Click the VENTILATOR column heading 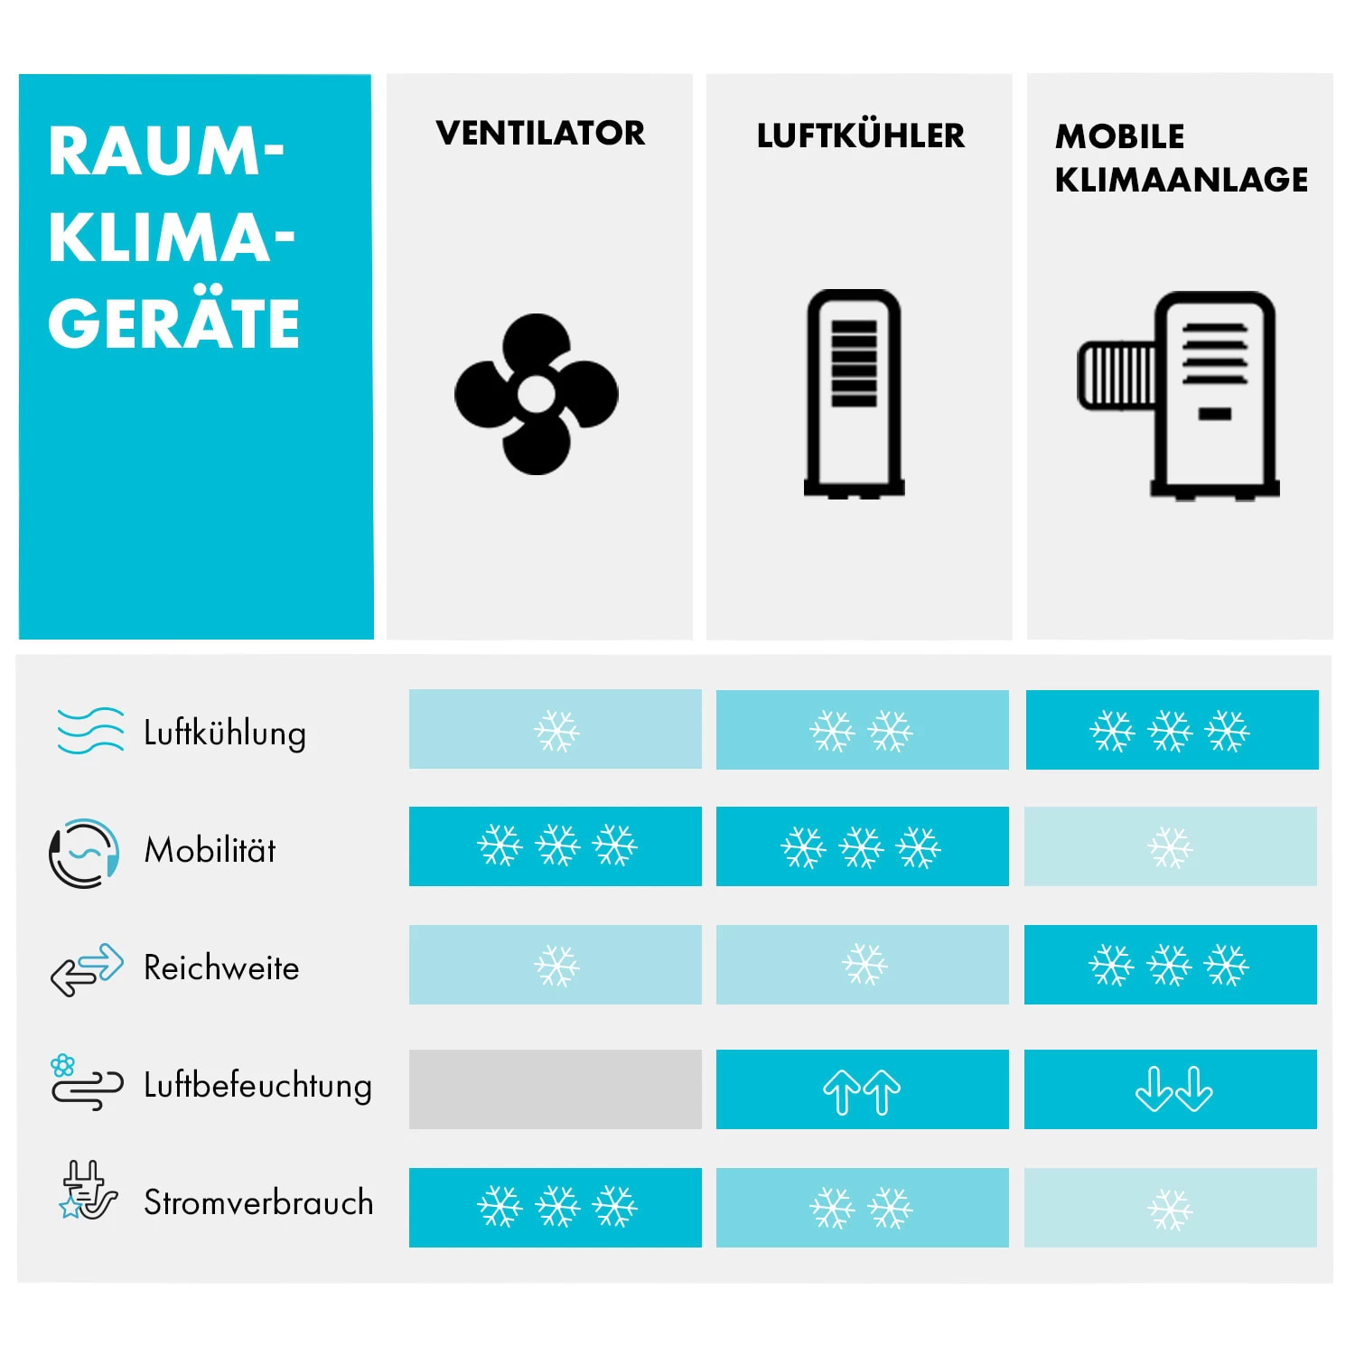[x=540, y=133]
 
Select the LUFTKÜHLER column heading [x=860, y=135]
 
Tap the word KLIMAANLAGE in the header [x=1181, y=179]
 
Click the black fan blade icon [x=537, y=394]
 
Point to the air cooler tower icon [x=854, y=394]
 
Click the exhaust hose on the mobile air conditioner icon [x=1117, y=375]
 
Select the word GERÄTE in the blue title [x=173, y=323]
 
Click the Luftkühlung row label [x=225, y=732]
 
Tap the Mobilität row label [x=210, y=850]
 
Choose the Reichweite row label [x=221, y=967]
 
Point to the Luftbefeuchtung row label [x=257, y=1085]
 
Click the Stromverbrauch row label [x=258, y=1202]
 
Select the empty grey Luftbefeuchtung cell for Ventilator [x=555, y=1089]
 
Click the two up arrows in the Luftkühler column [x=862, y=1090]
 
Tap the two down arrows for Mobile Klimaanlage [x=1173, y=1089]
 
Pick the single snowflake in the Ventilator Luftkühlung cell [x=556, y=731]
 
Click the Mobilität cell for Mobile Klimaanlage [x=1170, y=846]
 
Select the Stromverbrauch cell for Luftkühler [x=862, y=1208]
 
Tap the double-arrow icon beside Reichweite [x=87, y=968]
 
